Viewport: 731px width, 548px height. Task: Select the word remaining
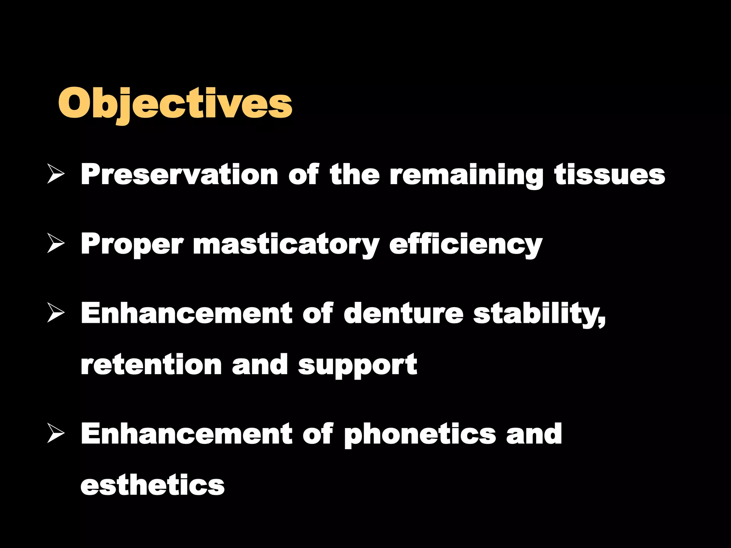tap(466, 175)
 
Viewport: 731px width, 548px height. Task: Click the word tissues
tap(610, 174)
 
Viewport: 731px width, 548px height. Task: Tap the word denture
tap(403, 313)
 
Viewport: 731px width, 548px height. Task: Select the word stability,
tap(539, 314)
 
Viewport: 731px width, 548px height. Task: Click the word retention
tap(151, 365)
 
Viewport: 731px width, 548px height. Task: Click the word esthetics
tap(152, 485)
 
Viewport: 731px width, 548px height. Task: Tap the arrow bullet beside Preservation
tap(56, 175)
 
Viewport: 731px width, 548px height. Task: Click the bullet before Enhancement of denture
tap(56, 314)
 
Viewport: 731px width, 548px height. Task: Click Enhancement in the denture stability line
tap(186, 313)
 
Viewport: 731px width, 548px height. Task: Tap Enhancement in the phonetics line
tap(186, 433)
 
